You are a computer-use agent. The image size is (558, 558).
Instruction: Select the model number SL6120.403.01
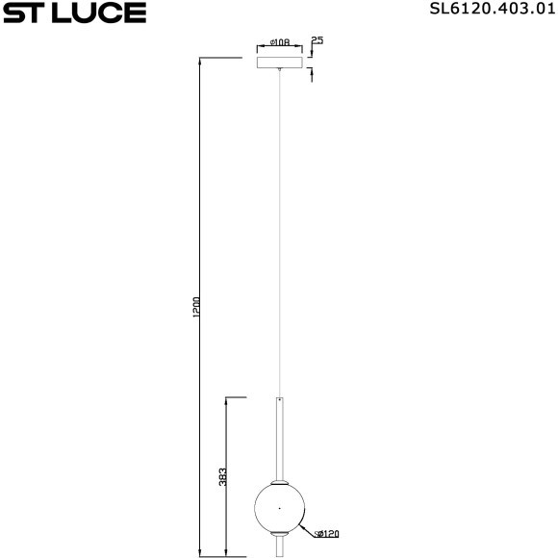pos(491,12)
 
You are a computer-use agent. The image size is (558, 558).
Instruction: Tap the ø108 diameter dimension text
pos(281,42)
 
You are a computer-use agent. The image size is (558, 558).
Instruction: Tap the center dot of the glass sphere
pos(280,505)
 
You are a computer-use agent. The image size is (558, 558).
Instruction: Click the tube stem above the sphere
pos(280,438)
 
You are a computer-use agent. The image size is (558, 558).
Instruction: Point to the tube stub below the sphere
pos(280,546)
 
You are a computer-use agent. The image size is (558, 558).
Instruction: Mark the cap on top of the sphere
pos(280,479)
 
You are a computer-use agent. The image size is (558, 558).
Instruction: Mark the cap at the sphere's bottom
pos(280,531)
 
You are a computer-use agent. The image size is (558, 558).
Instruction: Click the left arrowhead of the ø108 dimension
pos(260,48)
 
